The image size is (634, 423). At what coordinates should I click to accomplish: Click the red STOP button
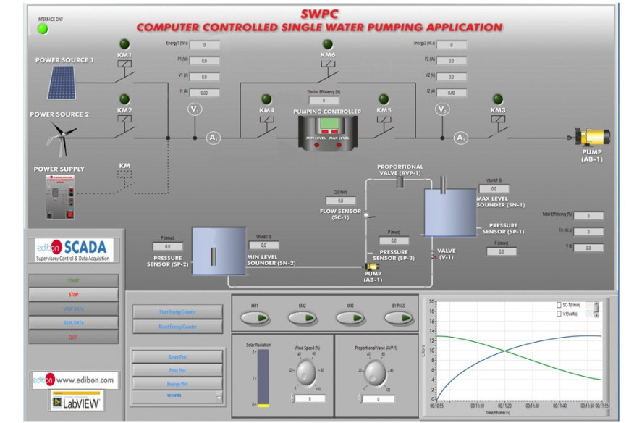73,294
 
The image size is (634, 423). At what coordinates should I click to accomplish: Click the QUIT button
73,336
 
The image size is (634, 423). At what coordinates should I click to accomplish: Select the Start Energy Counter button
177,312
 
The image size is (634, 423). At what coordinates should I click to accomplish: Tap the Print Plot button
177,370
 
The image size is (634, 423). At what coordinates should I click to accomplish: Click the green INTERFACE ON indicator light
43,29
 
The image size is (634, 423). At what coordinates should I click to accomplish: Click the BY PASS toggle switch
397,318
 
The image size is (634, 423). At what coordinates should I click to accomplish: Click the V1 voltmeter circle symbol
194,109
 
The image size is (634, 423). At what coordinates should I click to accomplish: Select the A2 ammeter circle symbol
460,138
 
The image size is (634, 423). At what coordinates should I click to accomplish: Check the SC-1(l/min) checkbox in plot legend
559,306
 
